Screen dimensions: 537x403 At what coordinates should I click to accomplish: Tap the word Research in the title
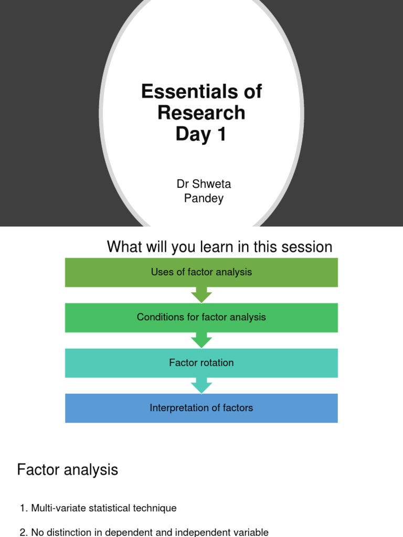(x=201, y=113)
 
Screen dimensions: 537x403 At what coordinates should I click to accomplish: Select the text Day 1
(x=201, y=134)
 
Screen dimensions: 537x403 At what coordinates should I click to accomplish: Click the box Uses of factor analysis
(x=201, y=272)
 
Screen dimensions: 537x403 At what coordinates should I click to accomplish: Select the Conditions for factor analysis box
(x=201, y=317)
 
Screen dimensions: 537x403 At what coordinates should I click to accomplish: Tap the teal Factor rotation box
(x=201, y=363)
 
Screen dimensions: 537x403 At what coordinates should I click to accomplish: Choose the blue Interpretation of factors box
(x=201, y=408)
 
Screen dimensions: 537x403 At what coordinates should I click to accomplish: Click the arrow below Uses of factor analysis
(x=201, y=295)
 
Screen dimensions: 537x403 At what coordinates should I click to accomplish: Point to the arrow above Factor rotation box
(x=201, y=340)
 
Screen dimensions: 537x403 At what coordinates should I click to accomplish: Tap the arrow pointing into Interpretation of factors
(x=201, y=386)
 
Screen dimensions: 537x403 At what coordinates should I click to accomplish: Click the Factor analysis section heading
(x=68, y=470)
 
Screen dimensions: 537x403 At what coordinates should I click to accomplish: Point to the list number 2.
(x=23, y=532)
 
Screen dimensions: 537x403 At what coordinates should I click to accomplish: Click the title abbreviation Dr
(x=182, y=184)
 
